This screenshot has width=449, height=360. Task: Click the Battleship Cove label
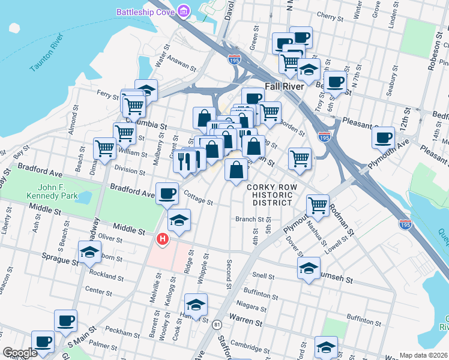[x=145, y=12]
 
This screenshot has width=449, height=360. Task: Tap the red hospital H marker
[x=162, y=240]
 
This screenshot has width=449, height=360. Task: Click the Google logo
[x=19, y=353]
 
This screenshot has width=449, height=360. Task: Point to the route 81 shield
[x=215, y=325]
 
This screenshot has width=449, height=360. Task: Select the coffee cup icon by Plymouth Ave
[x=383, y=137]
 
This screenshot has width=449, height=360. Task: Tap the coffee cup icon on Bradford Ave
[x=167, y=193]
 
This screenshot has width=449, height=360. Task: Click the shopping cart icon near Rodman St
[x=318, y=205]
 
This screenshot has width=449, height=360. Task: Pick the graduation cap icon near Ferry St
[x=146, y=90]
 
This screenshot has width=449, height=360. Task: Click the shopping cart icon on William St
[x=105, y=147]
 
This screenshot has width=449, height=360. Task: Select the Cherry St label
[x=330, y=16]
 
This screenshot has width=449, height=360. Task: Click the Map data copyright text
[x=423, y=355]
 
